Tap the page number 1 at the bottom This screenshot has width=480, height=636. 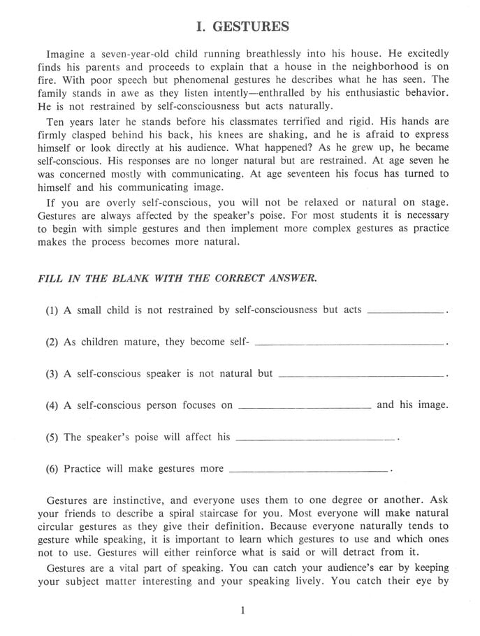point(242,611)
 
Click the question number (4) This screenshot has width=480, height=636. point(53,405)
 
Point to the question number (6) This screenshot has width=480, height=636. point(53,469)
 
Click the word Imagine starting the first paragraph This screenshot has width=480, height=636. point(66,54)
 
